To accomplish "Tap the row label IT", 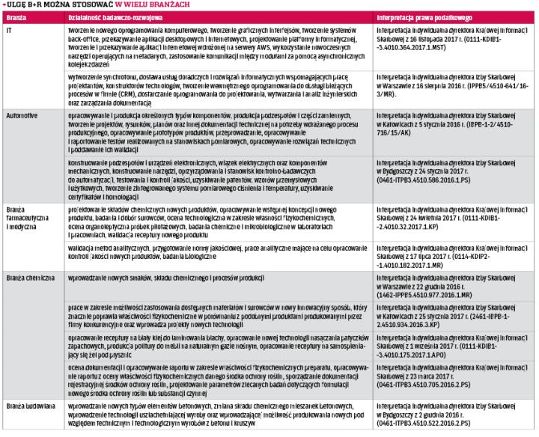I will (8, 31).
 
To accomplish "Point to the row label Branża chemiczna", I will (29, 278).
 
